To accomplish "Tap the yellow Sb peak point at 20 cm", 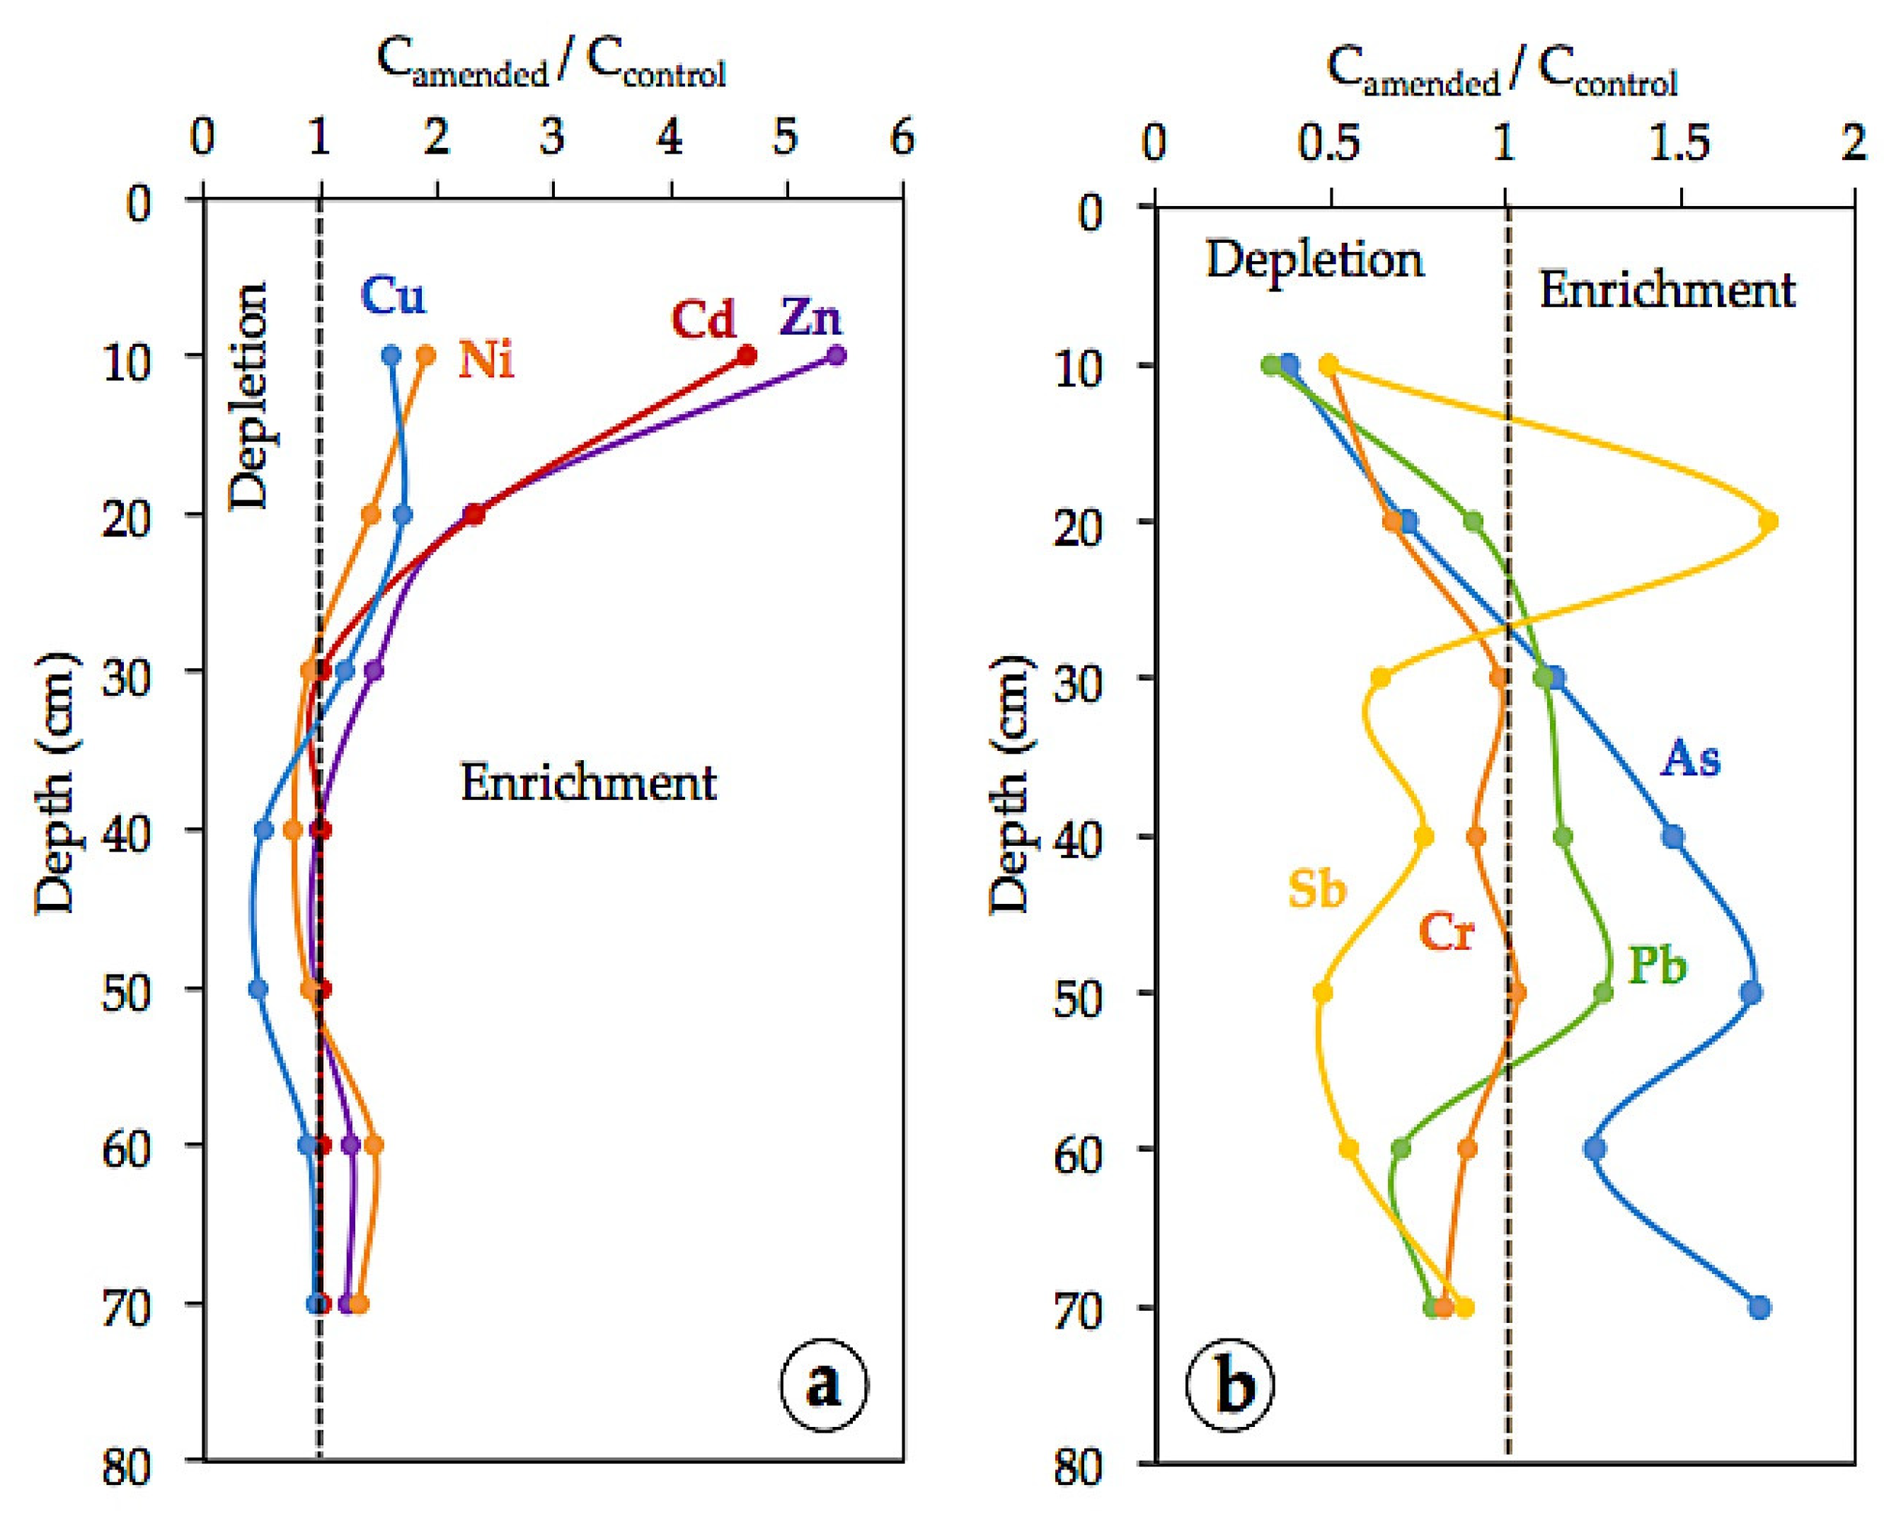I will [x=1768, y=522].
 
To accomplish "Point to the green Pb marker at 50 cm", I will [x=1602, y=993].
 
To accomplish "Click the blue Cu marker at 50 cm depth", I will [x=258, y=989].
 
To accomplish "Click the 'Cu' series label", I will [x=394, y=297].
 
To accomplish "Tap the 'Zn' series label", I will [x=812, y=317].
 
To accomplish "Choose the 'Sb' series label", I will [x=1316, y=890].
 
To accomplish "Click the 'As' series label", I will [x=1690, y=759].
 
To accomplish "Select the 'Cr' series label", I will [x=1446, y=933].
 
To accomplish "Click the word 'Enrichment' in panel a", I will [x=588, y=781].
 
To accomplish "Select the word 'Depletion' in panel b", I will [x=1314, y=260].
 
